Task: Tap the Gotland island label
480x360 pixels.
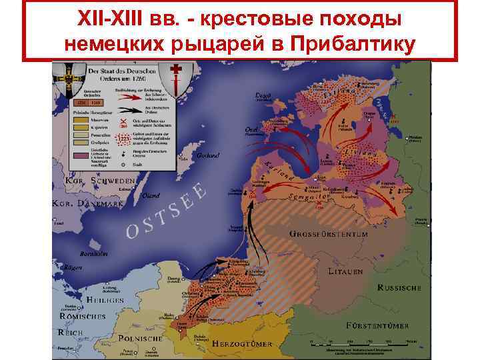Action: [x=208, y=155]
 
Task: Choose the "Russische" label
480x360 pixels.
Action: [x=399, y=288]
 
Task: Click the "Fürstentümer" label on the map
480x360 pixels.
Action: [x=377, y=325]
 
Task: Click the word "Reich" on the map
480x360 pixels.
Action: [x=71, y=331]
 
